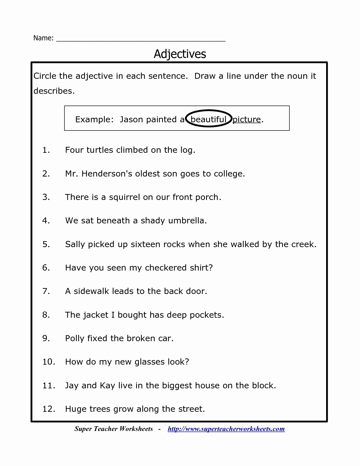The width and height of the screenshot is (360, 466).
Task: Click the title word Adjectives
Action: [x=180, y=54]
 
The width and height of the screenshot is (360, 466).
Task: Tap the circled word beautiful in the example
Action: [x=208, y=119]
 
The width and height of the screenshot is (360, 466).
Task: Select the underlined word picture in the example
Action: [x=246, y=119]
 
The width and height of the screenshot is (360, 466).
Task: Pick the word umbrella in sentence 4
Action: [x=187, y=221]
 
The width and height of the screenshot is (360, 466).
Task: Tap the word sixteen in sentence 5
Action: [x=144, y=244]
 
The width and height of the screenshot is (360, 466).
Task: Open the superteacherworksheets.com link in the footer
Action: [x=226, y=429]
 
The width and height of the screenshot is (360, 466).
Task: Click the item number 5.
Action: [x=46, y=244]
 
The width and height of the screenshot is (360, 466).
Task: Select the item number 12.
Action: [x=49, y=409]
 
